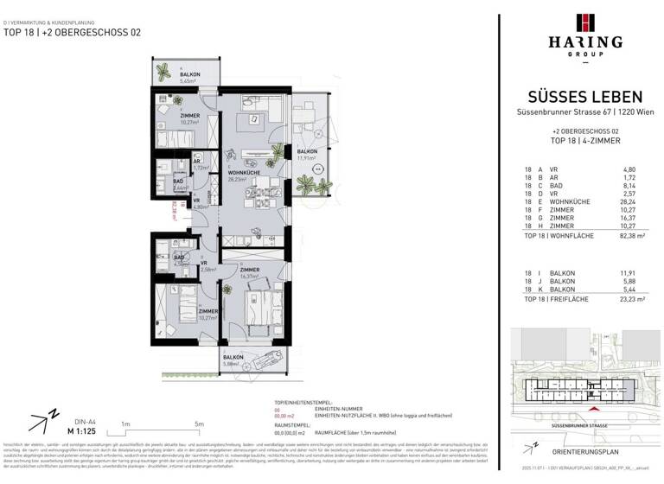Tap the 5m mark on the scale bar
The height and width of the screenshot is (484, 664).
pyautogui.click(x=200, y=424)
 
